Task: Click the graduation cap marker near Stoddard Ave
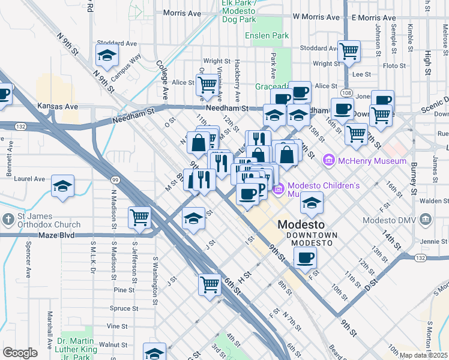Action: tap(107, 56)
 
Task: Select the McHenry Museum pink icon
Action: tap(328, 161)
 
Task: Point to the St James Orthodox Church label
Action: tap(41, 221)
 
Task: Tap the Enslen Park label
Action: tap(267, 36)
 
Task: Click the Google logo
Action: tap(20, 353)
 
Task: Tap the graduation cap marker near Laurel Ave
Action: tap(62, 187)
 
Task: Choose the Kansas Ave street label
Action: tap(58, 106)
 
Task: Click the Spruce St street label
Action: tap(125, 308)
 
